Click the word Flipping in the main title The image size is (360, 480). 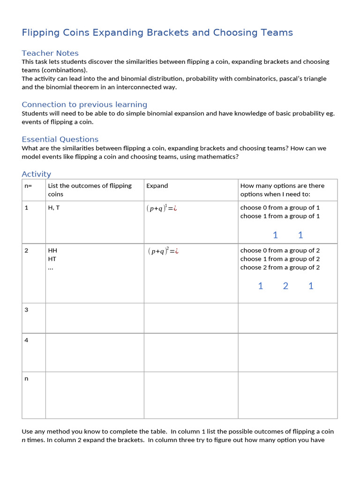tap(40, 33)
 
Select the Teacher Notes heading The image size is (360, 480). tap(50, 53)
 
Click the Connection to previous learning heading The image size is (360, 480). tap(84, 105)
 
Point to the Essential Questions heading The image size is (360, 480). tap(60, 139)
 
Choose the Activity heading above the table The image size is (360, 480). tap(36, 174)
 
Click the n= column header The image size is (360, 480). tap(28, 186)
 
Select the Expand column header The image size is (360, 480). tap(157, 186)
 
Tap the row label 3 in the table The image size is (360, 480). tap(26, 310)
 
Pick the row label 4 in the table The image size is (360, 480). tap(26, 340)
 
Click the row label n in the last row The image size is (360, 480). tap(26, 379)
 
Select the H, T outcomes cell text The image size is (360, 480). tap(54, 208)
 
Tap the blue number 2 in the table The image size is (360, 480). tap(285, 286)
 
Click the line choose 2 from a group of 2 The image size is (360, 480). tap(280, 267)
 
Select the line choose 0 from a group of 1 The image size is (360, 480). tap(280, 208)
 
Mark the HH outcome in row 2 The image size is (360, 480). tap(52, 251)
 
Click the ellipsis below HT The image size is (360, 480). tap(51, 267)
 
